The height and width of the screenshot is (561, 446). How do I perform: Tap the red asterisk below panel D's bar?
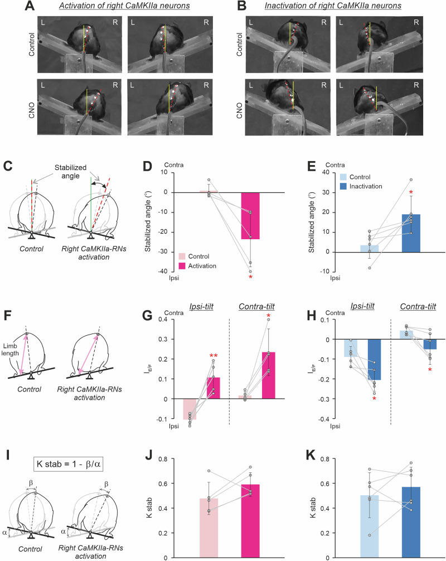pos(251,277)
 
